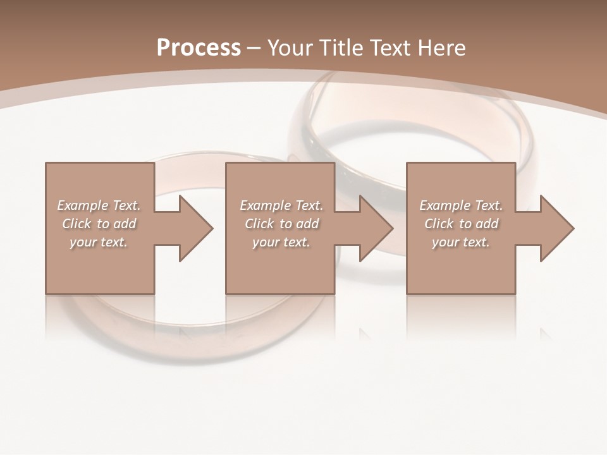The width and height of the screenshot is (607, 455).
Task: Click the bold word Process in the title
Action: [x=199, y=48]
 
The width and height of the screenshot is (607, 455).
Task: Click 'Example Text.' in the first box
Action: [x=99, y=205]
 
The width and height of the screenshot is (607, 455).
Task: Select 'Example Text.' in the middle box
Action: [x=281, y=205]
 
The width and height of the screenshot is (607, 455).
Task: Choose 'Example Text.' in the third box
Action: [x=461, y=205]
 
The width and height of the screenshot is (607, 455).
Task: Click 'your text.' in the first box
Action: [x=98, y=242]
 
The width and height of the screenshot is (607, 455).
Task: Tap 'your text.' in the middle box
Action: [x=281, y=242]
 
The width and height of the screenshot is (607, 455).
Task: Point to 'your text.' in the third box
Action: [x=460, y=242]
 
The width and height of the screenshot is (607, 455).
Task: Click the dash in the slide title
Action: [x=254, y=49]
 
